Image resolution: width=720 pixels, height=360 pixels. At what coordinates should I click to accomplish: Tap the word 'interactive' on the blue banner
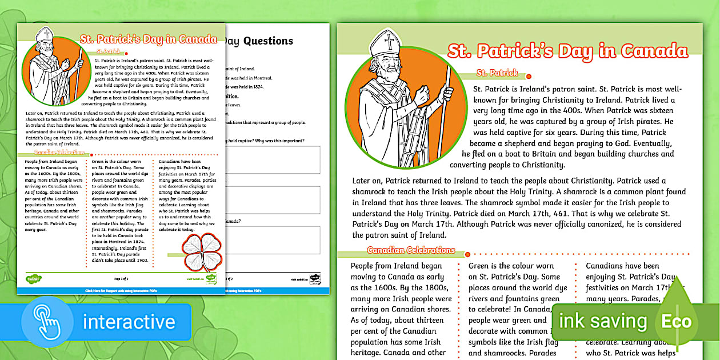[129, 322]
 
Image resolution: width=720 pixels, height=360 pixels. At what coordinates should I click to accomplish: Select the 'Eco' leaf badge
[677, 321]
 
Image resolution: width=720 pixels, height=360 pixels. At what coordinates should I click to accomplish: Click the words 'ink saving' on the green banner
[603, 321]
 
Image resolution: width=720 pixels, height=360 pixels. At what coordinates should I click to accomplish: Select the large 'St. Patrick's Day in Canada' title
[567, 51]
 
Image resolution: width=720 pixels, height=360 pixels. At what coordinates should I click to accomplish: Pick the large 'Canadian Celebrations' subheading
[411, 250]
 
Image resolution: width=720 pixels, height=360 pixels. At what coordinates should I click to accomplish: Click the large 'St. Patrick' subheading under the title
[497, 73]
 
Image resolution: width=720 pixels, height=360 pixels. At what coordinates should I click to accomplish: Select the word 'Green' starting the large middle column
[481, 266]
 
